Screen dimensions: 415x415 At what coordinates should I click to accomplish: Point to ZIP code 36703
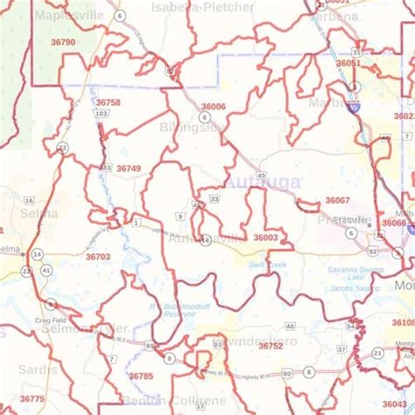pyautogui.click(x=98, y=257)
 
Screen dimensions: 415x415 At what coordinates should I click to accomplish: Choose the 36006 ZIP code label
pyautogui.click(x=213, y=106)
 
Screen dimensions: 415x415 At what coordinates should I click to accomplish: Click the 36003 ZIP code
pyautogui.click(x=265, y=237)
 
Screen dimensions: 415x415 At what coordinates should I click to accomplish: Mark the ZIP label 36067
pyautogui.click(x=337, y=200)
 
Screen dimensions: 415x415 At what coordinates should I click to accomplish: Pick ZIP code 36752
pyautogui.click(x=271, y=346)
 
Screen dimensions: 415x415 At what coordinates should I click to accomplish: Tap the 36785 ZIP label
pyautogui.click(x=141, y=376)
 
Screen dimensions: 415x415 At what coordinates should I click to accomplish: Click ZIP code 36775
pyautogui.click(x=32, y=398)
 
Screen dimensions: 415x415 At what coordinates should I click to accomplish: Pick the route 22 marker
pyautogui.click(x=61, y=149)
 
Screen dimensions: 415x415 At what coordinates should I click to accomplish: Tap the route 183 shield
pyautogui.click(x=107, y=167)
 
